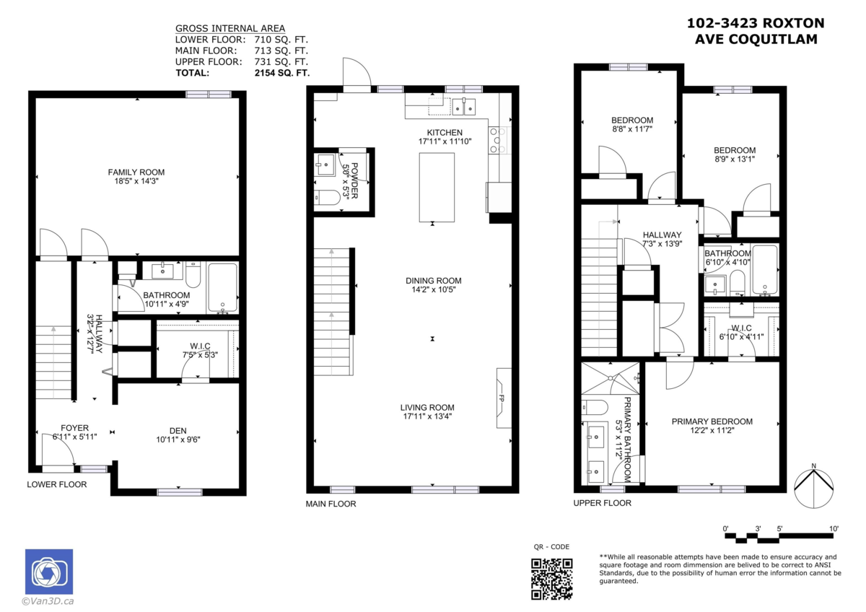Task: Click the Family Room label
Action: pyautogui.click(x=136, y=172)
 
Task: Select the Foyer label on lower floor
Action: pyautogui.click(x=74, y=428)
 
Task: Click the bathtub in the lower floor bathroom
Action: pyautogui.click(x=222, y=287)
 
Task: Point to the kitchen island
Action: pyautogui.click(x=437, y=187)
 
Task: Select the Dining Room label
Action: pyautogui.click(x=433, y=281)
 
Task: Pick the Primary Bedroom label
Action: pyautogui.click(x=712, y=421)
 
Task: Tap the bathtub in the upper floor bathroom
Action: pyautogui.click(x=764, y=270)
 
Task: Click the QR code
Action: pyautogui.click(x=551, y=579)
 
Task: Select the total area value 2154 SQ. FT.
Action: pyautogui.click(x=281, y=73)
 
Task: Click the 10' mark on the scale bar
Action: pyautogui.click(x=834, y=529)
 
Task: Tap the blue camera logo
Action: pyautogui.click(x=49, y=572)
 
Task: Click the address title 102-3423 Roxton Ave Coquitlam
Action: pyautogui.click(x=756, y=31)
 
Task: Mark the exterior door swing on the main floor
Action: pyautogui.click(x=356, y=72)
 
